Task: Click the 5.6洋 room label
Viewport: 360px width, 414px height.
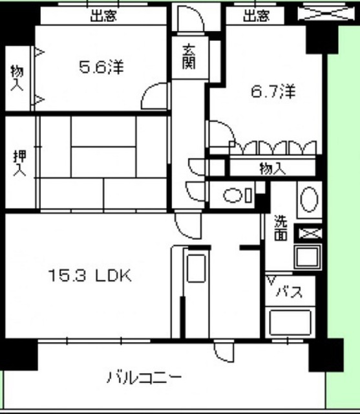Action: point(101,67)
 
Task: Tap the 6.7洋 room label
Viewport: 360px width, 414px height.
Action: point(273,92)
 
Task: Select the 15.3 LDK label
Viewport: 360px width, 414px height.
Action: point(90,276)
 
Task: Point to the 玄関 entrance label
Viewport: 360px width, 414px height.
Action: point(189,57)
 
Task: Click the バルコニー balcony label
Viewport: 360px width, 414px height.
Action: point(145,377)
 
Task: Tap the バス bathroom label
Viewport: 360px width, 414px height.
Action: point(290,292)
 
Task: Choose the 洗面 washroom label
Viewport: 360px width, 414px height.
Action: point(281,228)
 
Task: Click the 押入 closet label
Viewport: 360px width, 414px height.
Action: point(20,163)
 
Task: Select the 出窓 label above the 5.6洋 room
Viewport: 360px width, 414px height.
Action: point(103,16)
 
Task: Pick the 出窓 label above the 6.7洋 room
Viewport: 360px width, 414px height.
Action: point(257,16)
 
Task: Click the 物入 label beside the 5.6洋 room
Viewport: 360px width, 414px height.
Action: point(17,78)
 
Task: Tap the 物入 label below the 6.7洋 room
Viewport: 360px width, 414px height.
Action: point(273,169)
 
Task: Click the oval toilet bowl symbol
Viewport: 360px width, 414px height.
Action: point(233,195)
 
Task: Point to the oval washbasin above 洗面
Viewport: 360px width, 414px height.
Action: point(309,199)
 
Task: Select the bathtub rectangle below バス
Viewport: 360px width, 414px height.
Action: point(290,323)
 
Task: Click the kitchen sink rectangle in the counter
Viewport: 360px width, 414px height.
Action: point(196,268)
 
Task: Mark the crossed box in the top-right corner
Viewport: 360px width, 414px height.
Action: point(326,13)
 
